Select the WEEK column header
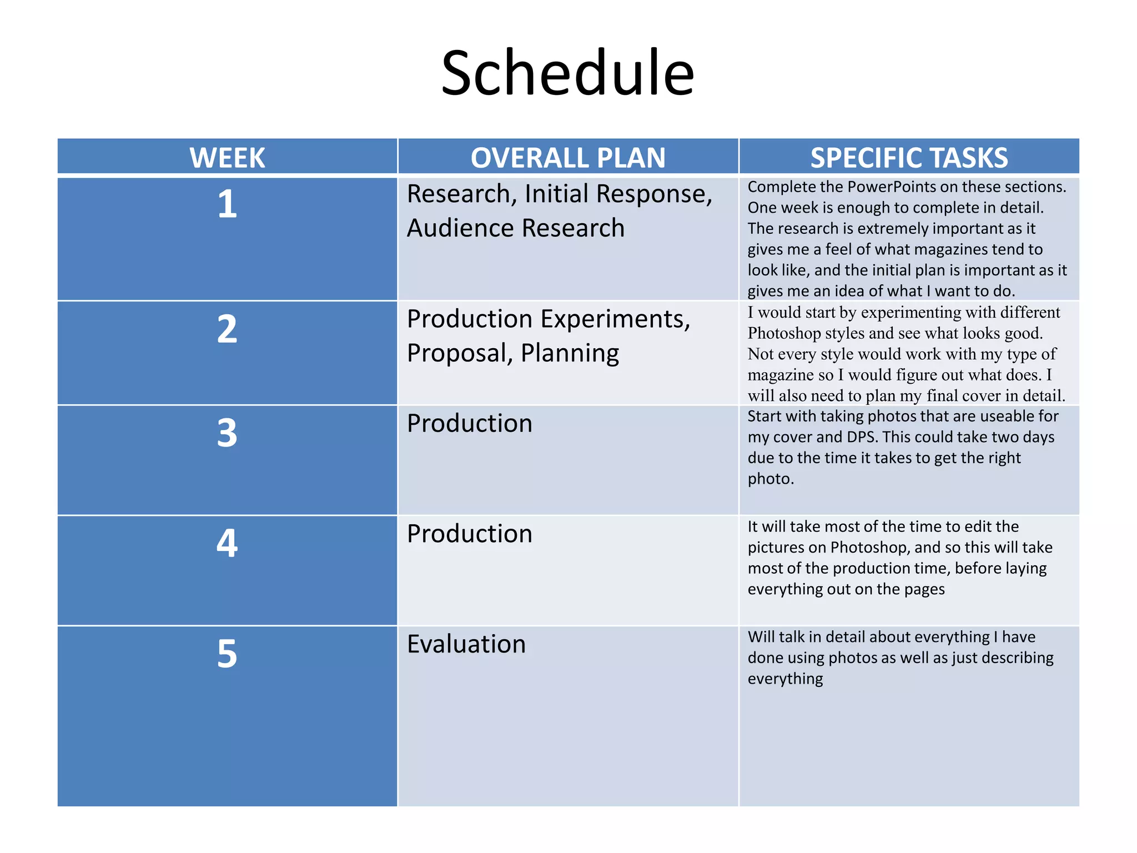(x=227, y=158)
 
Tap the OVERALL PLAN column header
(x=568, y=158)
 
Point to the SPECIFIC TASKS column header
(x=909, y=158)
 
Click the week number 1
(x=227, y=204)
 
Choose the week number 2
(x=227, y=329)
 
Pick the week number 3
(x=227, y=433)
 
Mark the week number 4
(x=227, y=543)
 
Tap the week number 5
(x=227, y=653)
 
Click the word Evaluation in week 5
(x=466, y=644)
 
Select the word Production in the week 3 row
(x=470, y=423)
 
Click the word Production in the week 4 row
(x=470, y=534)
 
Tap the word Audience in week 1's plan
(x=460, y=228)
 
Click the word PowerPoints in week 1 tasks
(x=888, y=187)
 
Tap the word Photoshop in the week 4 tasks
(x=868, y=548)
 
